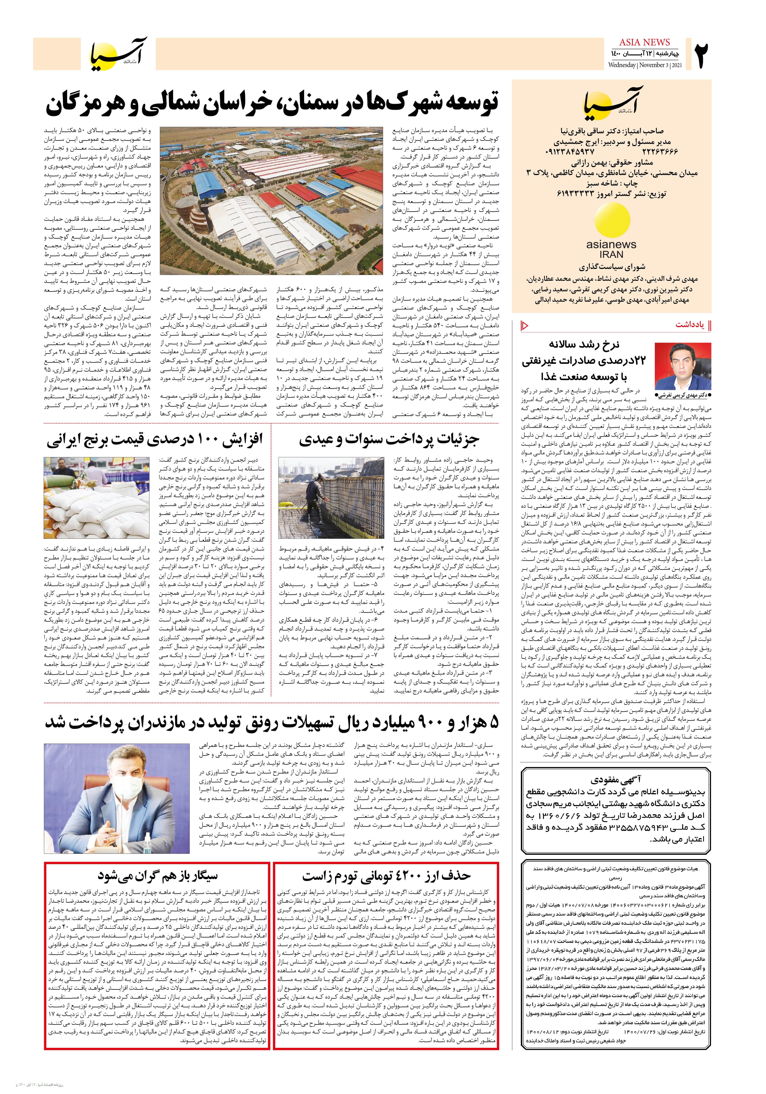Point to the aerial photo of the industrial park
tap(271, 200)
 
